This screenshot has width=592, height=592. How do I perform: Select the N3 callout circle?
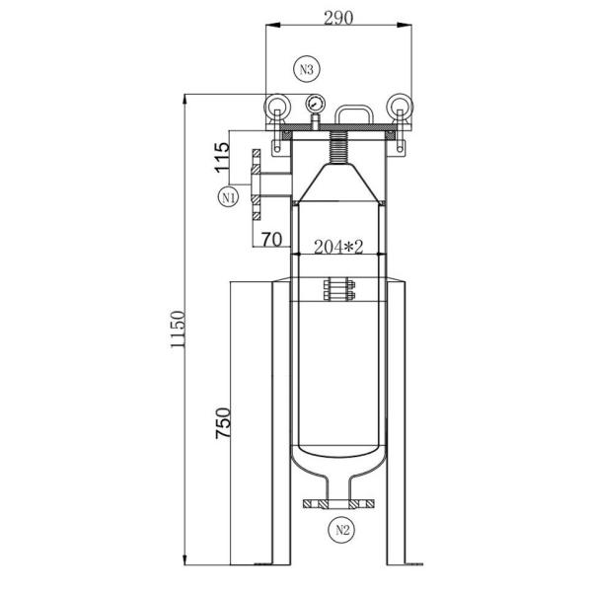[x=307, y=69]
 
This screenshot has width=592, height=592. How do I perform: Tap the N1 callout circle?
[x=229, y=196]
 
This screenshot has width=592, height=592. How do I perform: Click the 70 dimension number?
[x=273, y=238]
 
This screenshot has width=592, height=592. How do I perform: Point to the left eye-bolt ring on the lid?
[x=274, y=107]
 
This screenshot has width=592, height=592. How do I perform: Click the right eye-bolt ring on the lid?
[x=400, y=107]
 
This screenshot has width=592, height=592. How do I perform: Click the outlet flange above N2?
[x=338, y=504]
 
